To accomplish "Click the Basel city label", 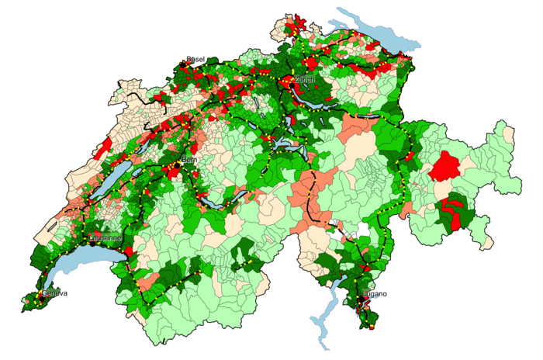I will pyautogui.click(x=195, y=60).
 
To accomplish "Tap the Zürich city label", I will pyautogui.click(x=304, y=80).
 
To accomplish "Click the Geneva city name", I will pyautogui.click(x=54, y=293).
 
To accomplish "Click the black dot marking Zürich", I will pyautogui.click(x=292, y=79).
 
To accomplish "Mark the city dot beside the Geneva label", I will pyautogui.click(x=41, y=295).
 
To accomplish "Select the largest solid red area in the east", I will pyautogui.click(x=445, y=166).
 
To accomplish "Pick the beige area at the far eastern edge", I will pyautogui.click(x=509, y=133).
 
